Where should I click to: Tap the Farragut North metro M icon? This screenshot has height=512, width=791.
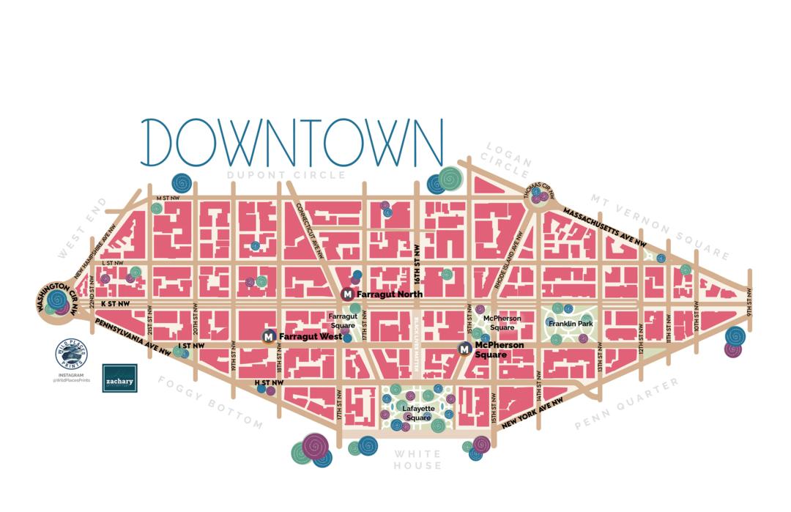pyautogui.click(x=348, y=294)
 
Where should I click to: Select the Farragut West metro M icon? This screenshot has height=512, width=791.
pyautogui.click(x=269, y=336)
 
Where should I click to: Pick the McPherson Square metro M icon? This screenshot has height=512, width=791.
pyautogui.click(x=464, y=349)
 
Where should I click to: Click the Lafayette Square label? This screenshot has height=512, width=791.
pyautogui.click(x=417, y=412)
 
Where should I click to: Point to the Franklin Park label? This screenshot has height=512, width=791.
pyautogui.click(x=570, y=323)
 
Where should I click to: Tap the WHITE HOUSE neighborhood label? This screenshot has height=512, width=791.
pyautogui.click(x=417, y=460)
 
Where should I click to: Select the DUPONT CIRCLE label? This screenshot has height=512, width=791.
pyautogui.click(x=286, y=175)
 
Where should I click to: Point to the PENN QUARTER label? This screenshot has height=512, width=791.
pyautogui.click(x=627, y=404)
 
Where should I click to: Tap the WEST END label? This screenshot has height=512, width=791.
pyautogui.click(x=82, y=228)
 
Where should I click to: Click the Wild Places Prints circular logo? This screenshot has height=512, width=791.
pyautogui.click(x=71, y=355)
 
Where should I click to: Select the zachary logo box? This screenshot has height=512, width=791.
pyautogui.click(x=119, y=378)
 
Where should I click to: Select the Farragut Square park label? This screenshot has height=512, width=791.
pyautogui.click(x=343, y=321)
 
